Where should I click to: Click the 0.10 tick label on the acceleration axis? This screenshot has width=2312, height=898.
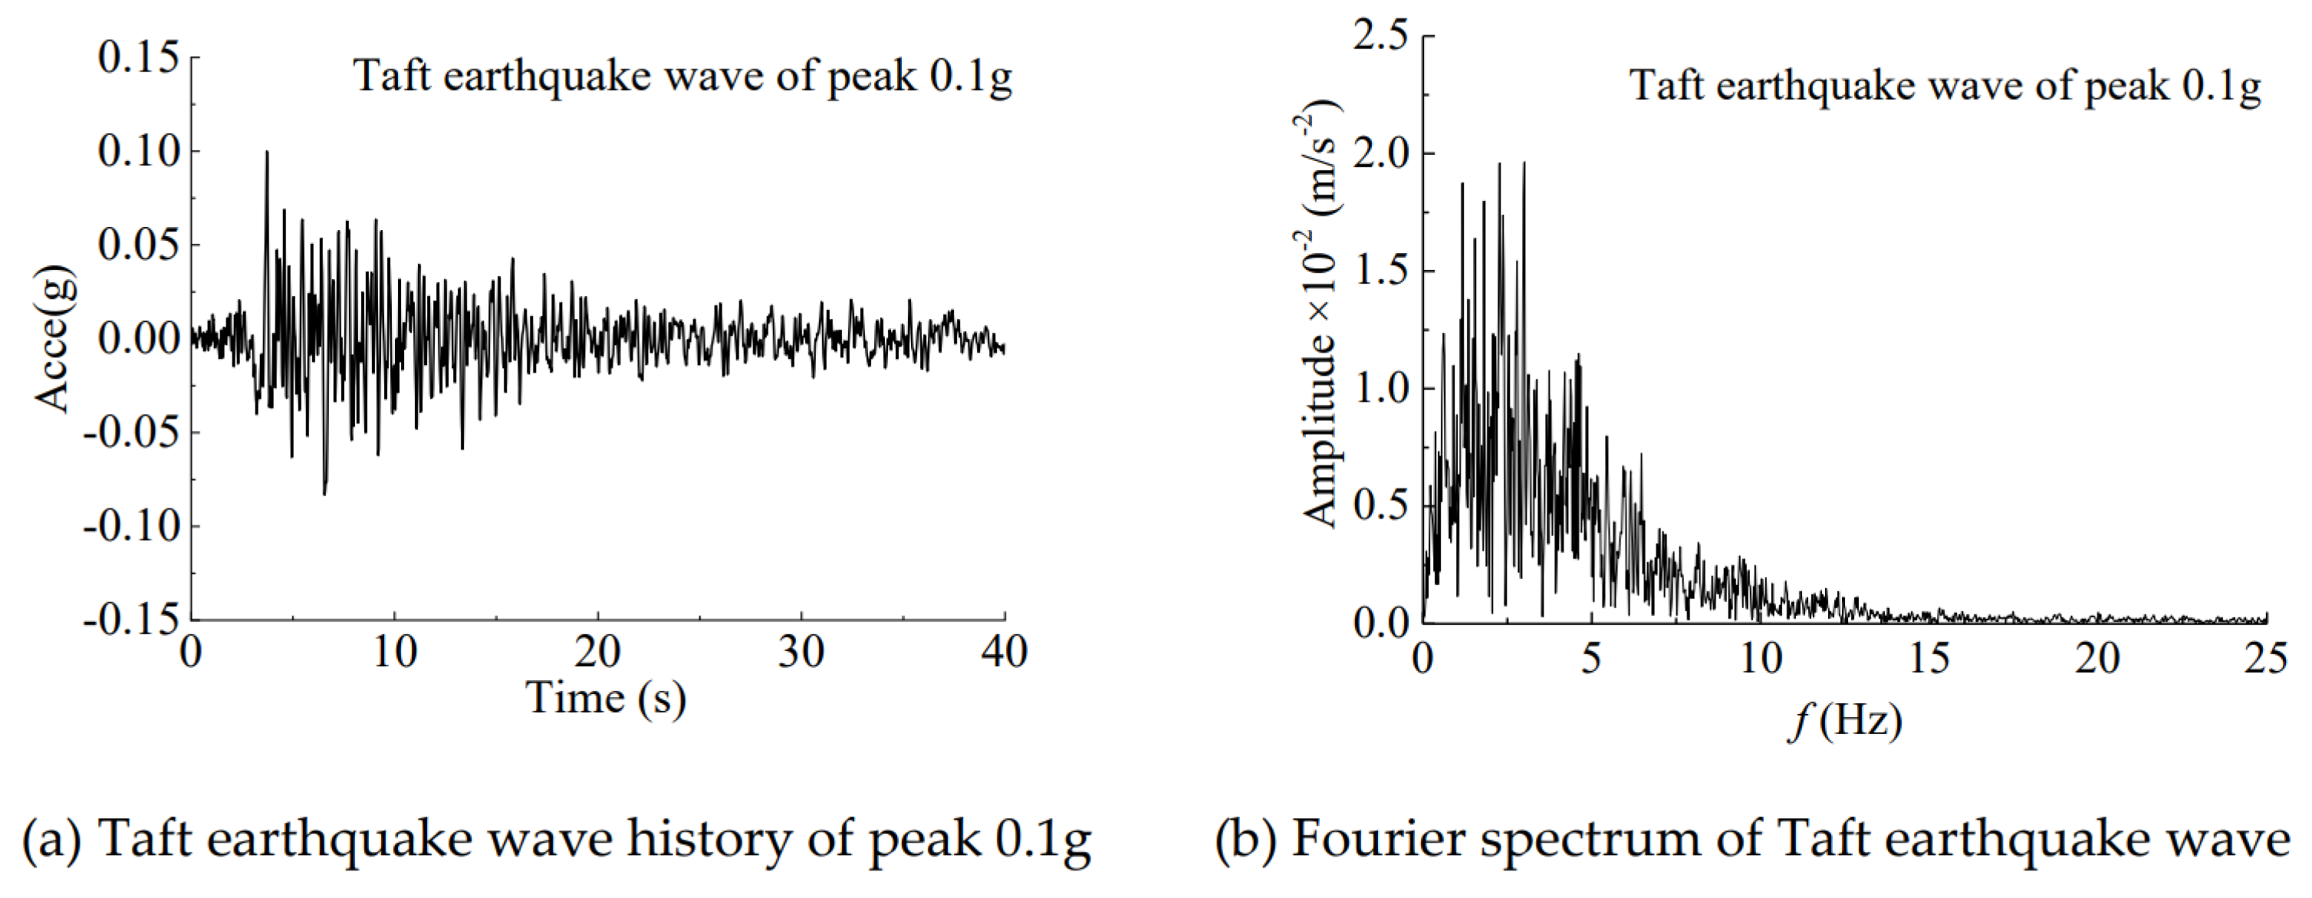139,151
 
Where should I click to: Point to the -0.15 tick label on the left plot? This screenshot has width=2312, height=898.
132,620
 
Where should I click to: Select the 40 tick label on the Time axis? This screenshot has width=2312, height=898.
1005,653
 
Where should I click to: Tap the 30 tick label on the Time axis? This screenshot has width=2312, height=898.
801,653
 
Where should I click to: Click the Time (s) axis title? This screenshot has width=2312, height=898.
606,699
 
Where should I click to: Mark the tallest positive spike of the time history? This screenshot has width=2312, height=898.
267,153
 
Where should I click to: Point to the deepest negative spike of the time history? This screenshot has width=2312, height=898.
324,493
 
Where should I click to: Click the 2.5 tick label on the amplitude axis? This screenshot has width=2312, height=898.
1380,37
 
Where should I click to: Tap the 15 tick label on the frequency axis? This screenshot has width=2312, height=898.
1929,660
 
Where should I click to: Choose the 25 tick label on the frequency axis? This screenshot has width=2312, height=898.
2265,660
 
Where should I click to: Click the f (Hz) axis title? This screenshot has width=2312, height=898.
1845,721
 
